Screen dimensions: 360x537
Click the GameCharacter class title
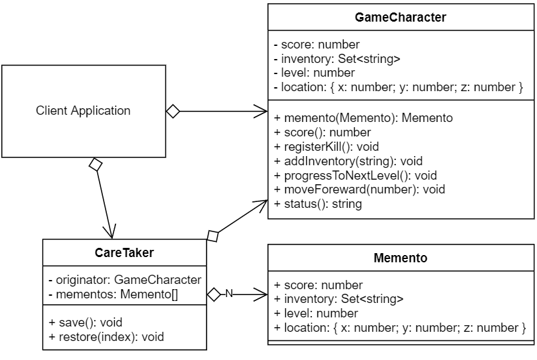(x=400, y=18)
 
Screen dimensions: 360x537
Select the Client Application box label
(x=83, y=111)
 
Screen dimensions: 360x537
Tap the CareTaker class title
(x=125, y=252)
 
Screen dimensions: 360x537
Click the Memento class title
(x=400, y=258)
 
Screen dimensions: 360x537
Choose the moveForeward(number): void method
(x=359, y=190)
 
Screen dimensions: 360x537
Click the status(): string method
(x=318, y=204)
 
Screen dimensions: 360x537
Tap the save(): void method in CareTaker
(x=85, y=323)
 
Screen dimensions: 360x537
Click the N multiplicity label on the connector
(x=229, y=294)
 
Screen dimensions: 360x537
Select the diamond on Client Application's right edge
(x=172, y=111)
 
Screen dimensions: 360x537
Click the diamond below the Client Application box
(x=96, y=165)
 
